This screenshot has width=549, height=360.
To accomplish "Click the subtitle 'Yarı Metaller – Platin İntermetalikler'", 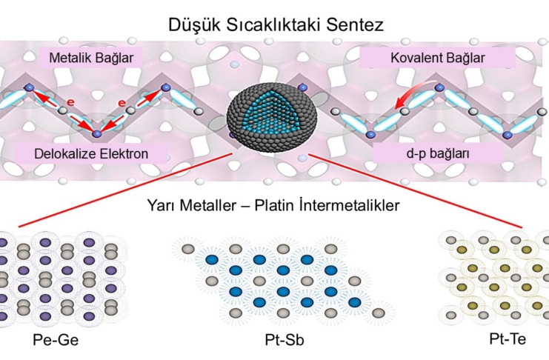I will point(274,201).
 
